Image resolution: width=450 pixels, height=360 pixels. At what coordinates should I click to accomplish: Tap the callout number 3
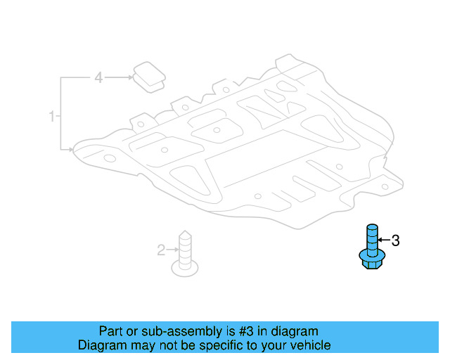tap(395, 241)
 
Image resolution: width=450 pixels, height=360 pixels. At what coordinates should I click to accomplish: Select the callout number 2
tap(161, 250)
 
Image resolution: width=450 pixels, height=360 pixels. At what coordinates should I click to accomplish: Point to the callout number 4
tap(98, 78)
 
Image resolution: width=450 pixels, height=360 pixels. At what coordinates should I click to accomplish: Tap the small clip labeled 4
tap(148, 76)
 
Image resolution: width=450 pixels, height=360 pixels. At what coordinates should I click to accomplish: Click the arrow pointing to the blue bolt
tap(384, 241)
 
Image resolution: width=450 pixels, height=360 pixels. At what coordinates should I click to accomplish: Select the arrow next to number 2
tap(172, 250)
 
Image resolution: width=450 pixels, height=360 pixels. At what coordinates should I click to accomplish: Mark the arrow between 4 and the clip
tap(120, 78)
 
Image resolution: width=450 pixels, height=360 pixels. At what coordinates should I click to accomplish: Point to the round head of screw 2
tap(185, 266)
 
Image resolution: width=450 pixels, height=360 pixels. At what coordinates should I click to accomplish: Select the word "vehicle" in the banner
tap(310, 345)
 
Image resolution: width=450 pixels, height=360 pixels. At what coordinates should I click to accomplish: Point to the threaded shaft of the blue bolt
tap(373, 236)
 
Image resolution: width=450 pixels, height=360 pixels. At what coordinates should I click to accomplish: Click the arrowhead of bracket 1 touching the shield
tap(72, 149)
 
